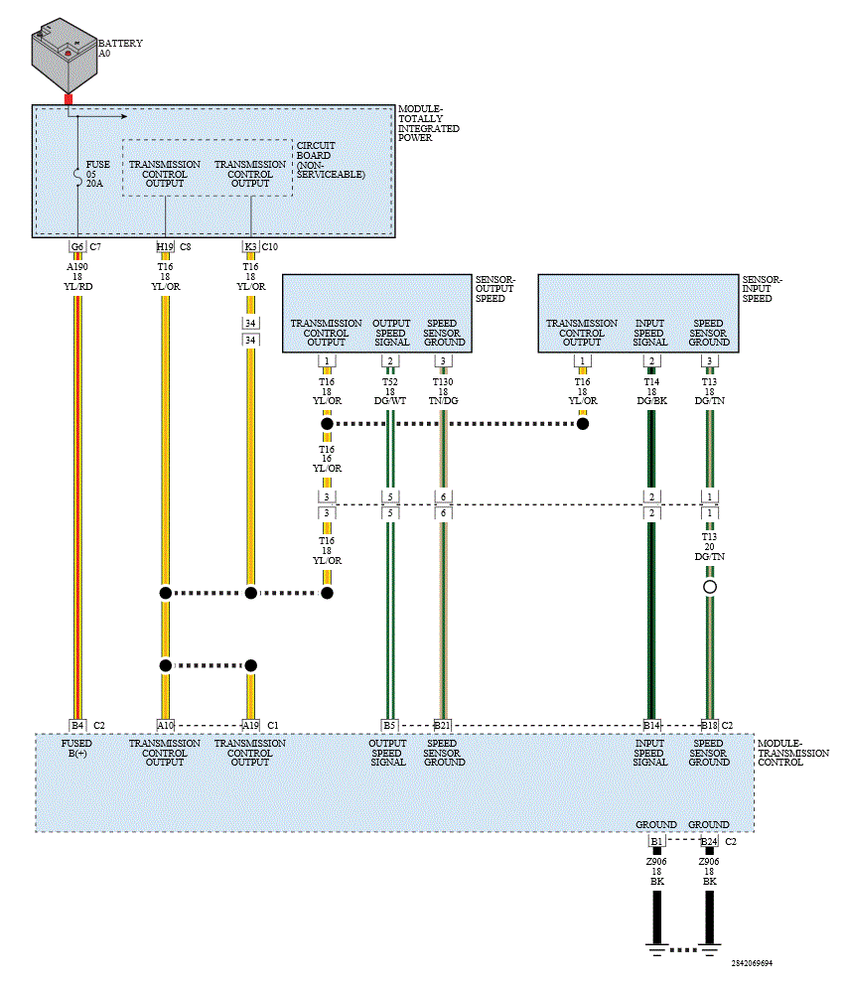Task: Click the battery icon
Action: point(65,56)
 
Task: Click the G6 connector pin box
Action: point(77,247)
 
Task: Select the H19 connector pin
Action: point(165,247)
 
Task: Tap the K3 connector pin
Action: point(250,247)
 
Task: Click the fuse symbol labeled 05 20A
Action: point(78,178)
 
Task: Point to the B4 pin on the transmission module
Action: point(77,726)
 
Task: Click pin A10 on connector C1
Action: point(165,726)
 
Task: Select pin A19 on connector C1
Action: point(250,726)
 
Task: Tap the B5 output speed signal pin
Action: point(389,726)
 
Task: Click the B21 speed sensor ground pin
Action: point(442,726)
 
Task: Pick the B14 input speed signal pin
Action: point(651,726)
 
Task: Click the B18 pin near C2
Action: point(710,726)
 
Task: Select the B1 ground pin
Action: point(656,841)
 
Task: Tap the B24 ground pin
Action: point(709,841)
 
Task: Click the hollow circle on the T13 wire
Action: point(710,587)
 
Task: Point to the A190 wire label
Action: point(77,267)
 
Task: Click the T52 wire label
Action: point(390,381)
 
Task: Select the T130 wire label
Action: point(443,381)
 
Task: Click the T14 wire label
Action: point(651,381)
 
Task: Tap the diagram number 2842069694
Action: point(752,963)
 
